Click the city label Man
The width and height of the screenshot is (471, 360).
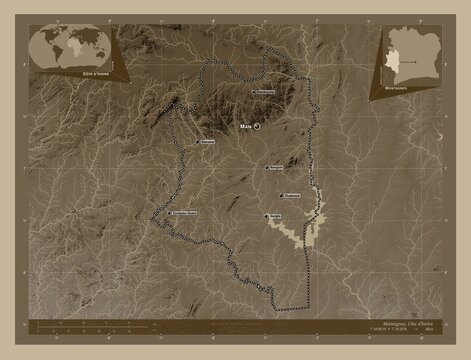tap(246, 128)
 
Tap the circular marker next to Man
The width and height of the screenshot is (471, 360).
tap(257, 128)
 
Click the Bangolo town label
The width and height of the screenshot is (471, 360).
tap(276, 167)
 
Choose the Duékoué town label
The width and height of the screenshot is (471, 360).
tap(293, 195)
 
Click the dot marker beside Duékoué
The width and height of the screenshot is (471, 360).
tap(280, 195)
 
